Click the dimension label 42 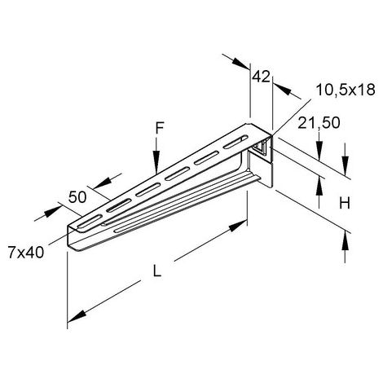coord(261,77)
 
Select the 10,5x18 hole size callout coord(346,90)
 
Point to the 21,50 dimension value coord(319,123)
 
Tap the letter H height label coord(345,203)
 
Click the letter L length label coord(157,271)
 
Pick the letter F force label coord(160,128)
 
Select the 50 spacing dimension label coord(77,197)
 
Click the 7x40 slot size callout coord(26,252)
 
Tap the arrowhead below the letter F coord(156,165)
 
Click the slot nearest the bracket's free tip coord(90,221)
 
